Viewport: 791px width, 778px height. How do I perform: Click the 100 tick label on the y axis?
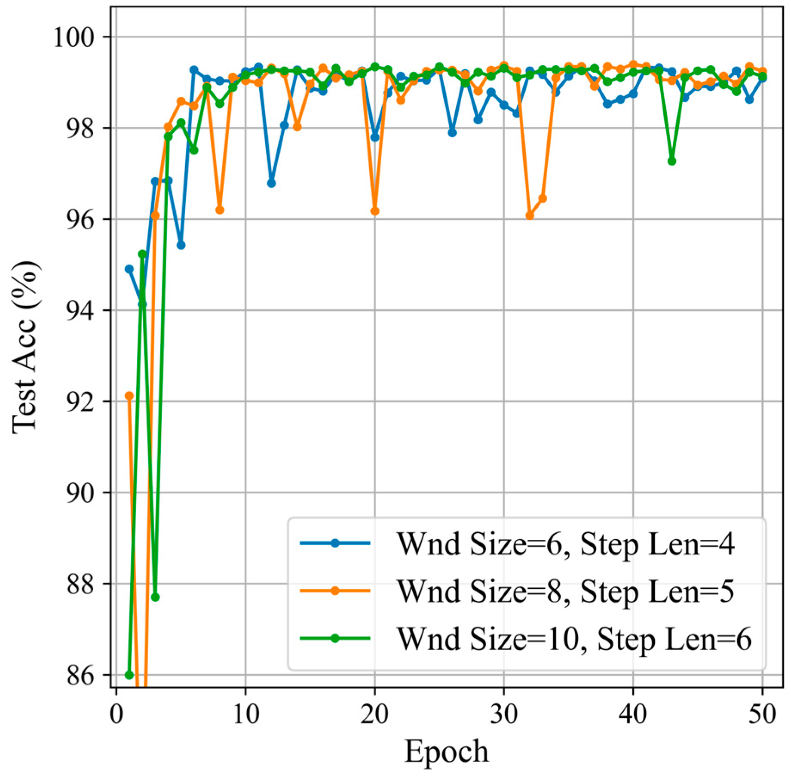coord(73,38)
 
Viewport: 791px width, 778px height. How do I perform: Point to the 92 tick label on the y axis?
coord(80,403)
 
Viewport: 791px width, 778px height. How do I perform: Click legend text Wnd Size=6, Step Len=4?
coord(565,544)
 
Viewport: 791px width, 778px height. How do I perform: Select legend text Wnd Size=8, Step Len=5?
coord(565,591)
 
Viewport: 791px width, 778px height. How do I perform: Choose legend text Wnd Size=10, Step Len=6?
coord(573,639)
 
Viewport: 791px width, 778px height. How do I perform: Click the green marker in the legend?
coord(335,638)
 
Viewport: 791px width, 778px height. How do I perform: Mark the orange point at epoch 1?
coord(129,396)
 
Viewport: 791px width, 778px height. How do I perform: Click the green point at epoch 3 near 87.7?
coord(155,597)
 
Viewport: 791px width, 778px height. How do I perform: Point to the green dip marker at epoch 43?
coord(672,161)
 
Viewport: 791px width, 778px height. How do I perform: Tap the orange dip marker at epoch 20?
coord(374,211)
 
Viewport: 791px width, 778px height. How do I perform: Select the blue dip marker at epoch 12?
coord(271,183)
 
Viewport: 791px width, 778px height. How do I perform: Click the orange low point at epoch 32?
coord(530,215)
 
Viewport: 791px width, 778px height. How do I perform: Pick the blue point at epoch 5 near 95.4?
coord(181,245)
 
